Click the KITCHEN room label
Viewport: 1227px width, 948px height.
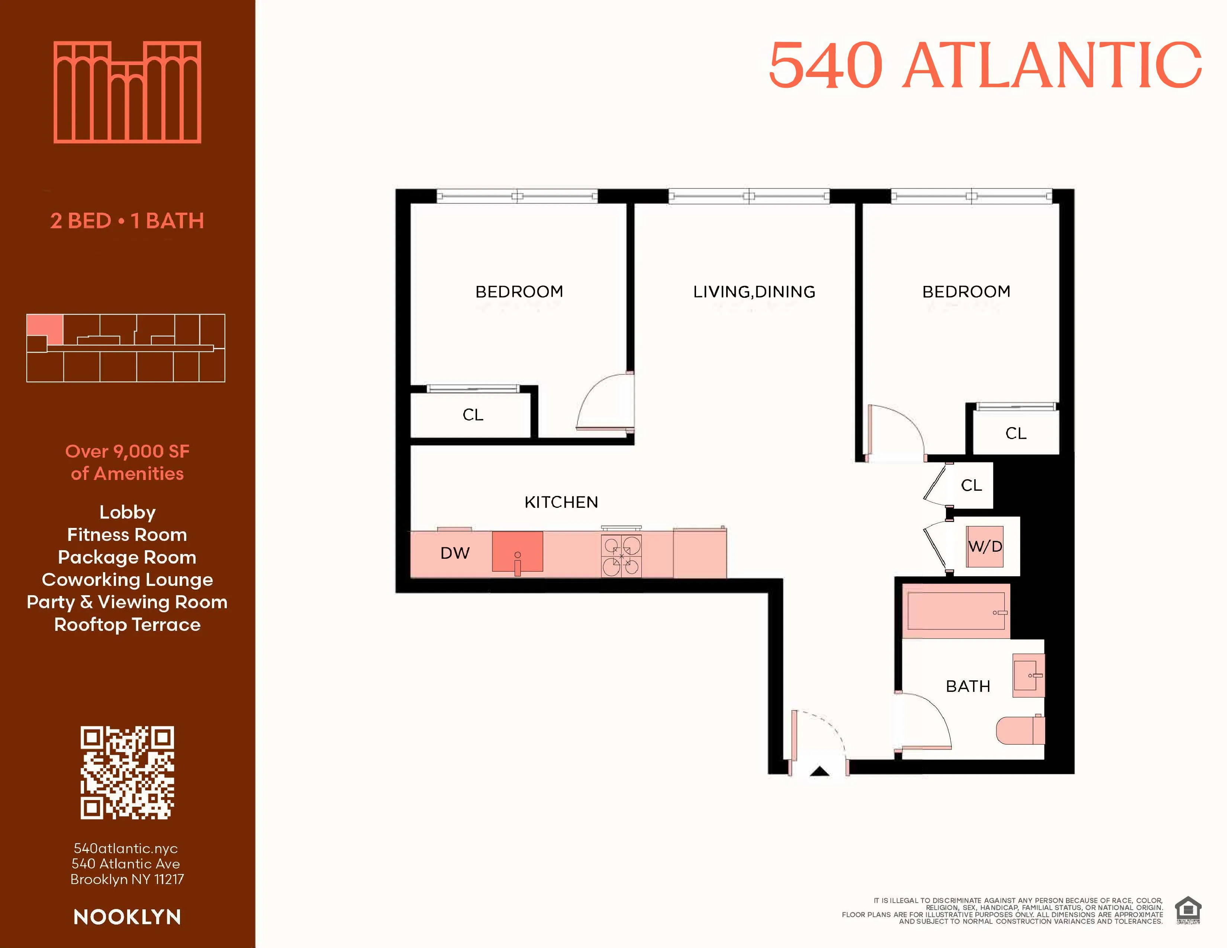pyautogui.click(x=561, y=502)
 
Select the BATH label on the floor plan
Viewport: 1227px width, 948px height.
pyautogui.click(x=967, y=686)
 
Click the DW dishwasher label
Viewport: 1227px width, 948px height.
pyautogui.click(x=454, y=553)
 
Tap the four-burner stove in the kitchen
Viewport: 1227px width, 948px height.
pyautogui.click(x=621, y=555)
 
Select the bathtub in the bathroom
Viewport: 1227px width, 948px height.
pyautogui.click(x=956, y=612)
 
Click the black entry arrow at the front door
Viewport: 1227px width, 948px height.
pyautogui.click(x=820, y=771)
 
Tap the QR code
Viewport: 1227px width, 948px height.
pyautogui.click(x=128, y=772)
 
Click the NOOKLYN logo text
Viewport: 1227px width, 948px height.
pyautogui.click(x=128, y=917)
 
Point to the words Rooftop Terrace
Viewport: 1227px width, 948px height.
pyautogui.click(x=128, y=625)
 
